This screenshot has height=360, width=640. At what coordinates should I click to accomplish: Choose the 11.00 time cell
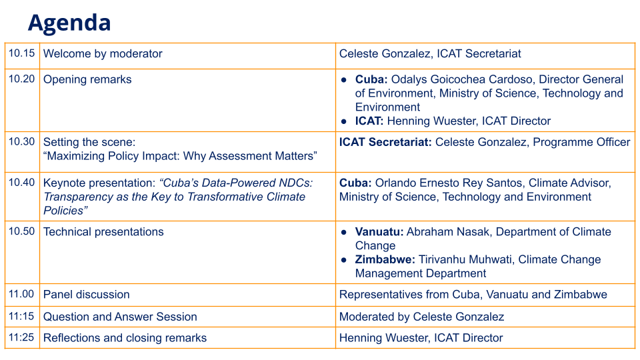pyautogui.click(x=21, y=294)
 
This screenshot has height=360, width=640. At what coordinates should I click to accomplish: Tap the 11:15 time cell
pyautogui.click(x=21, y=316)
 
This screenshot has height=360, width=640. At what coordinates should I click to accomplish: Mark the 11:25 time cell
pyautogui.click(x=21, y=337)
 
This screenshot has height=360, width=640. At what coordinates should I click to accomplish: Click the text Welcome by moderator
pyautogui.click(x=103, y=53)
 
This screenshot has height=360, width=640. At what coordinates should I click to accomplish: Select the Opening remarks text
pyautogui.click(x=87, y=79)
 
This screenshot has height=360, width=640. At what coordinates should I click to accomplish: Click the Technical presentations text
pyautogui.click(x=103, y=232)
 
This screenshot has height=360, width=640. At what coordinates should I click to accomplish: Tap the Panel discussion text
pyautogui.click(x=87, y=294)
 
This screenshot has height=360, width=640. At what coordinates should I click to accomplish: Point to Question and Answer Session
pyautogui.click(x=120, y=317)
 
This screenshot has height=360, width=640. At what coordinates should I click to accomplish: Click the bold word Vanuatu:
pyautogui.click(x=379, y=232)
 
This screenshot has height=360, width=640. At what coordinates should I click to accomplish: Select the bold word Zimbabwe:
pyautogui.click(x=385, y=259)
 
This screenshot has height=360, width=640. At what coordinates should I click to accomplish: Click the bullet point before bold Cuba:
pyautogui.click(x=344, y=80)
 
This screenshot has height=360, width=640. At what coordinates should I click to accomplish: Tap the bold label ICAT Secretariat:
pyautogui.click(x=385, y=142)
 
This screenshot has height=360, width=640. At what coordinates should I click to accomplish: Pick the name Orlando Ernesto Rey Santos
pyautogui.click(x=449, y=183)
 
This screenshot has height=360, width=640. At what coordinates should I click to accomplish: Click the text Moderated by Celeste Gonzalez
pyautogui.click(x=421, y=317)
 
